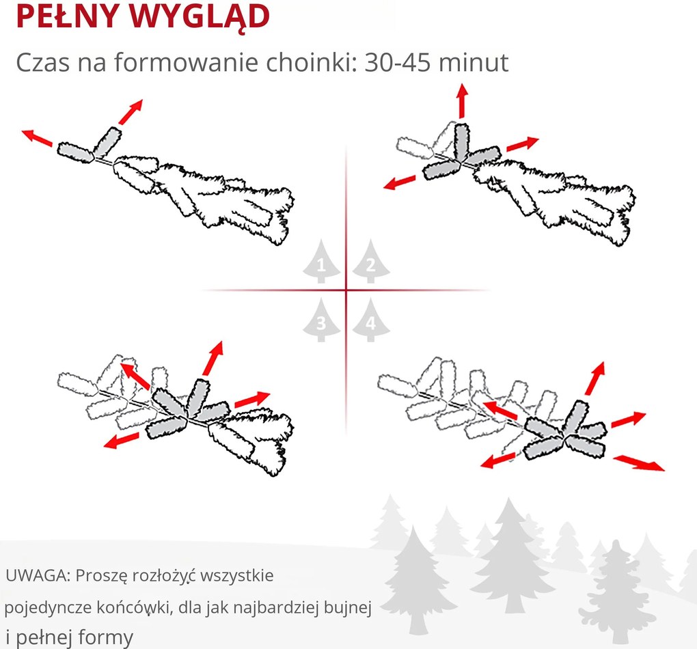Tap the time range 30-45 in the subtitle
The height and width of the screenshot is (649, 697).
tap(398, 62)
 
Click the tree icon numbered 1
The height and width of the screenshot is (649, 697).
tap(321, 262)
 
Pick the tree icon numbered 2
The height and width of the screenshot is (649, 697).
tap(371, 262)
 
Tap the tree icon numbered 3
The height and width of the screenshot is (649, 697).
tap(321, 320)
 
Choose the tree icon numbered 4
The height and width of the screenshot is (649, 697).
tap(371, 320)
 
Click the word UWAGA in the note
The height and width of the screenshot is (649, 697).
tap(38, 575)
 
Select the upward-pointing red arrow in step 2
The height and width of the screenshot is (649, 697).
tap(463, 100)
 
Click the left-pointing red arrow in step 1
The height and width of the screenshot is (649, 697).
tap(37, 137)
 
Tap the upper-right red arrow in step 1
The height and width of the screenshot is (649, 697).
tap(131, 111)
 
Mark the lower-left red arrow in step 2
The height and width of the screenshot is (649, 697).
tap(399, 182)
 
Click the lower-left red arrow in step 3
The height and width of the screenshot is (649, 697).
tap(120, 441)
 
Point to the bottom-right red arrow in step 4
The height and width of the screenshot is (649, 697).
tap(639, 462)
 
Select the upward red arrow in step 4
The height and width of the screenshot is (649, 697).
tap(595, 378)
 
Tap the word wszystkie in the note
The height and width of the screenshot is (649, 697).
tap(237, 575)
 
